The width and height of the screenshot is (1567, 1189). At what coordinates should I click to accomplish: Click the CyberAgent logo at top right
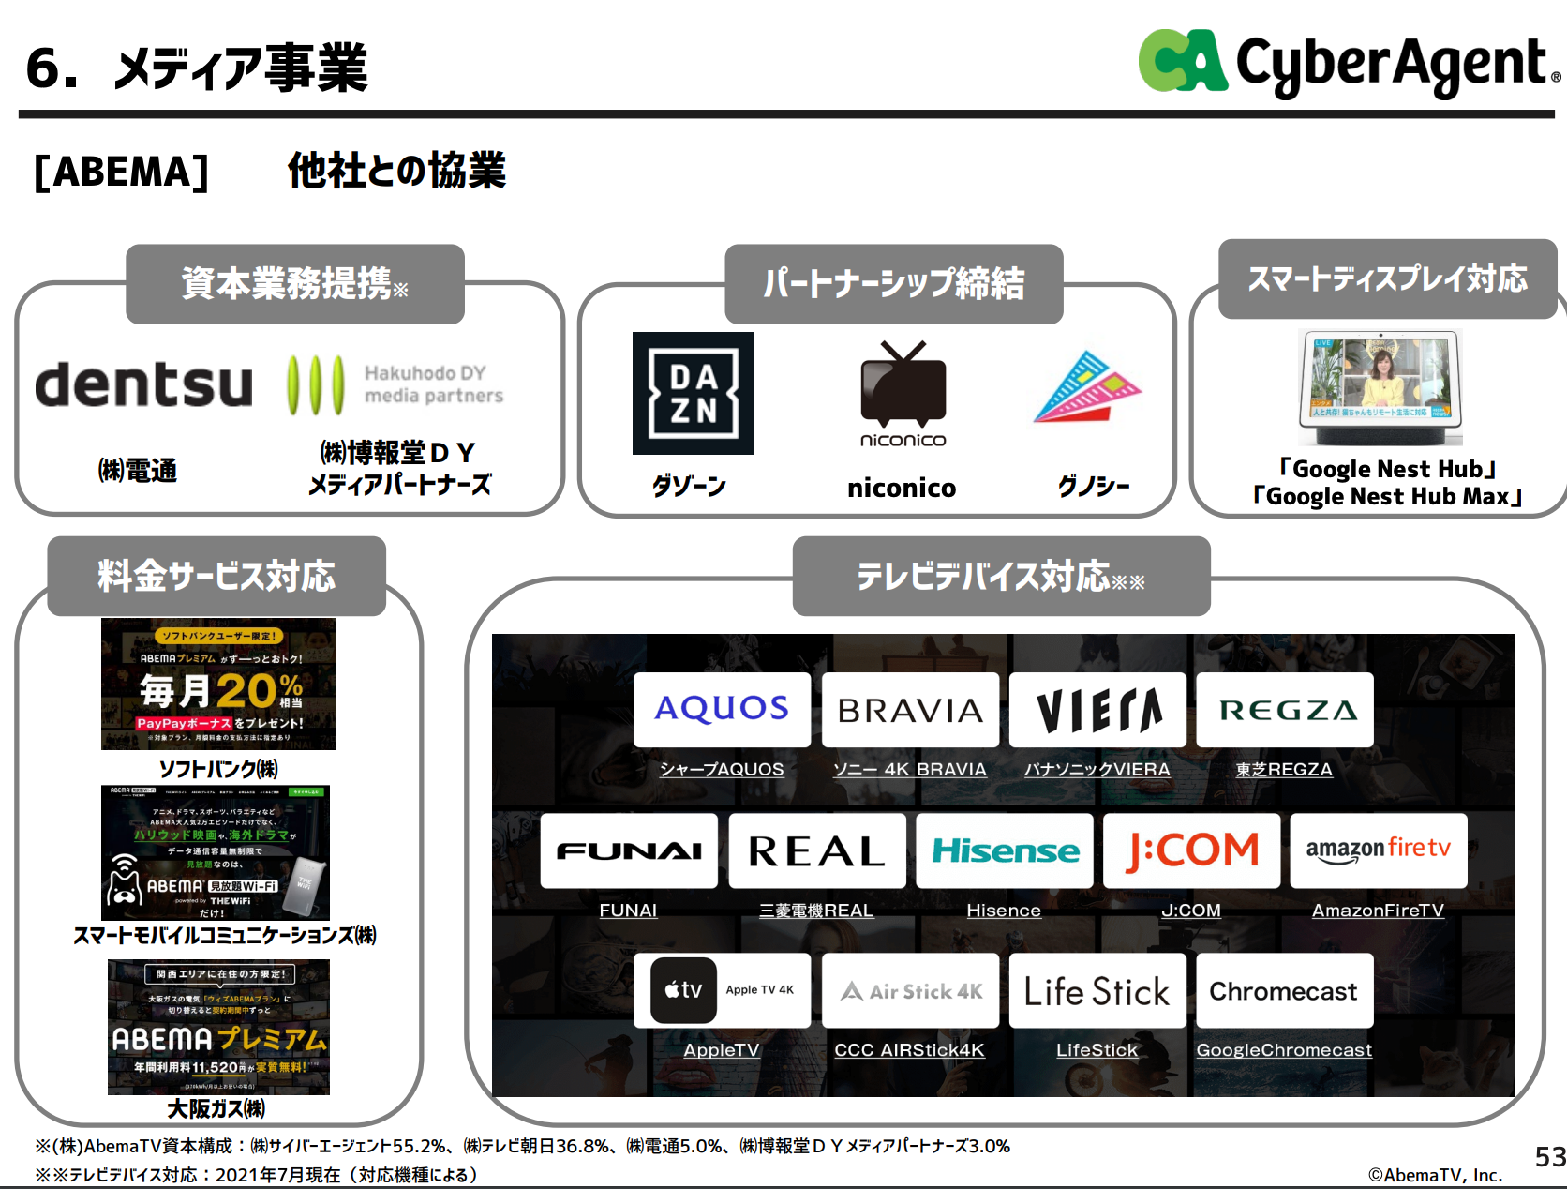1347,63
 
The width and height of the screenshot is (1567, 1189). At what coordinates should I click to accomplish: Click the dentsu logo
144,384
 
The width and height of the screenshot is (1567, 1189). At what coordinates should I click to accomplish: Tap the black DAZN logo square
693,393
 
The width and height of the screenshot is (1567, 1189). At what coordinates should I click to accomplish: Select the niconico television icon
903,384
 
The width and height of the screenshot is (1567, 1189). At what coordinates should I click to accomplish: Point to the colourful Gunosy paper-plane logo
1088,387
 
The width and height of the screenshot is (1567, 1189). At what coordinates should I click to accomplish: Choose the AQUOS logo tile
722,709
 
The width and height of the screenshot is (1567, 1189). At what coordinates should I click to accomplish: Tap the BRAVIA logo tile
910,709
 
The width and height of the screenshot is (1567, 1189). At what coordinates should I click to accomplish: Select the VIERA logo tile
1097,709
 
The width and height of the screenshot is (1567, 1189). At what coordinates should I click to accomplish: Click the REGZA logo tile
1285,709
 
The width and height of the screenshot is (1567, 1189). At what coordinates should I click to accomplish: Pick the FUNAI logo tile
629,850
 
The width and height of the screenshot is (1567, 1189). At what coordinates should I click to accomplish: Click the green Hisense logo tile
1004,850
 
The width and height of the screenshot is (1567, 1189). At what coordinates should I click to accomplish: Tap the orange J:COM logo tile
1191,850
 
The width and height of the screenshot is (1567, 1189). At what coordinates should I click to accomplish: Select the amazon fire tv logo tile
1379,850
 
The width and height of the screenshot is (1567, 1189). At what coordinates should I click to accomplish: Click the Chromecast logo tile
1284,991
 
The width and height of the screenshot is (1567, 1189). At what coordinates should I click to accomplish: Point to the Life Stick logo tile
1097,991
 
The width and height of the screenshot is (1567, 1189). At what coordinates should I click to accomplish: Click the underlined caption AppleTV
721,1050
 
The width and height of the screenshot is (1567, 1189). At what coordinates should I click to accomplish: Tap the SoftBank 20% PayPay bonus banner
218,684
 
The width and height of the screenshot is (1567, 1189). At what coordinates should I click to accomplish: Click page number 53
1550,1157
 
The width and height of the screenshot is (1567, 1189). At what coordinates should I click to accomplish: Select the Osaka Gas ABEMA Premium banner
218,1027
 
